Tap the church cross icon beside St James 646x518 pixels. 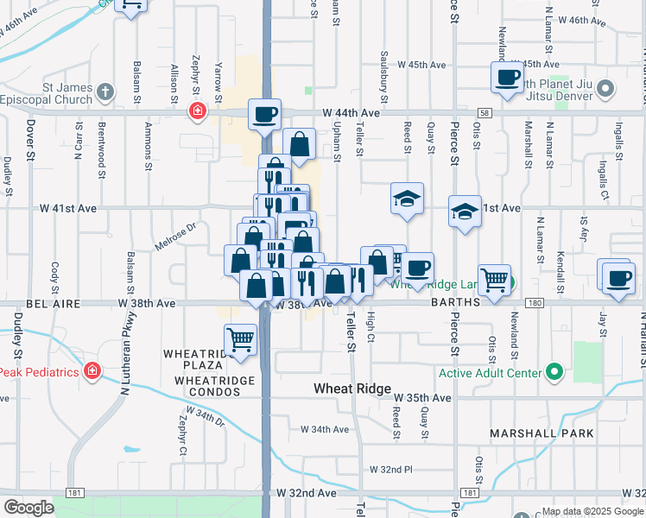tap(105, 91)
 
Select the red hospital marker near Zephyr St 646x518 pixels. tap(199, 111)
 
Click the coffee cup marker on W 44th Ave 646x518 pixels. tap(265, 113)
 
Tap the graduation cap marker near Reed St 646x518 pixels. tap(407, 199)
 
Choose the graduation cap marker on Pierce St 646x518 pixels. tap(465, 212)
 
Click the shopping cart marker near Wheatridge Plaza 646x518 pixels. tap(240, 339)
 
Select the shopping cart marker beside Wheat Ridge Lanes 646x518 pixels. tap(494, 279)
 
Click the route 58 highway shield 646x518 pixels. tap(485, 113)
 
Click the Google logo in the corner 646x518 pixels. tap(28, 508)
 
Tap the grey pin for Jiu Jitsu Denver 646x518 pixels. tap(605, 89)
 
